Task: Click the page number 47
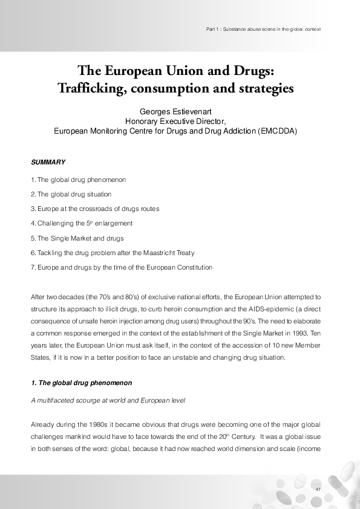click(x=318, y=488)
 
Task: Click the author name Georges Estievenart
click(x=175, y=112)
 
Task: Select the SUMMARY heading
click(x=48, y=163)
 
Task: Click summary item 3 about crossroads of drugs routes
click(x=95, y=209)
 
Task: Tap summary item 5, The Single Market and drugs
click(x=77, y=238)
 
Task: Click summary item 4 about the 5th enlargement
click(x=82, y=223)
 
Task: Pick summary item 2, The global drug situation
click(x=71, y=194)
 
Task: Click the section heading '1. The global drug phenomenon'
click(x=81, y=383)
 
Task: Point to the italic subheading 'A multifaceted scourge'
click(x=108, y=401)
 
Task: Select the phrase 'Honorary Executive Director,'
click(x=175, y=121)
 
